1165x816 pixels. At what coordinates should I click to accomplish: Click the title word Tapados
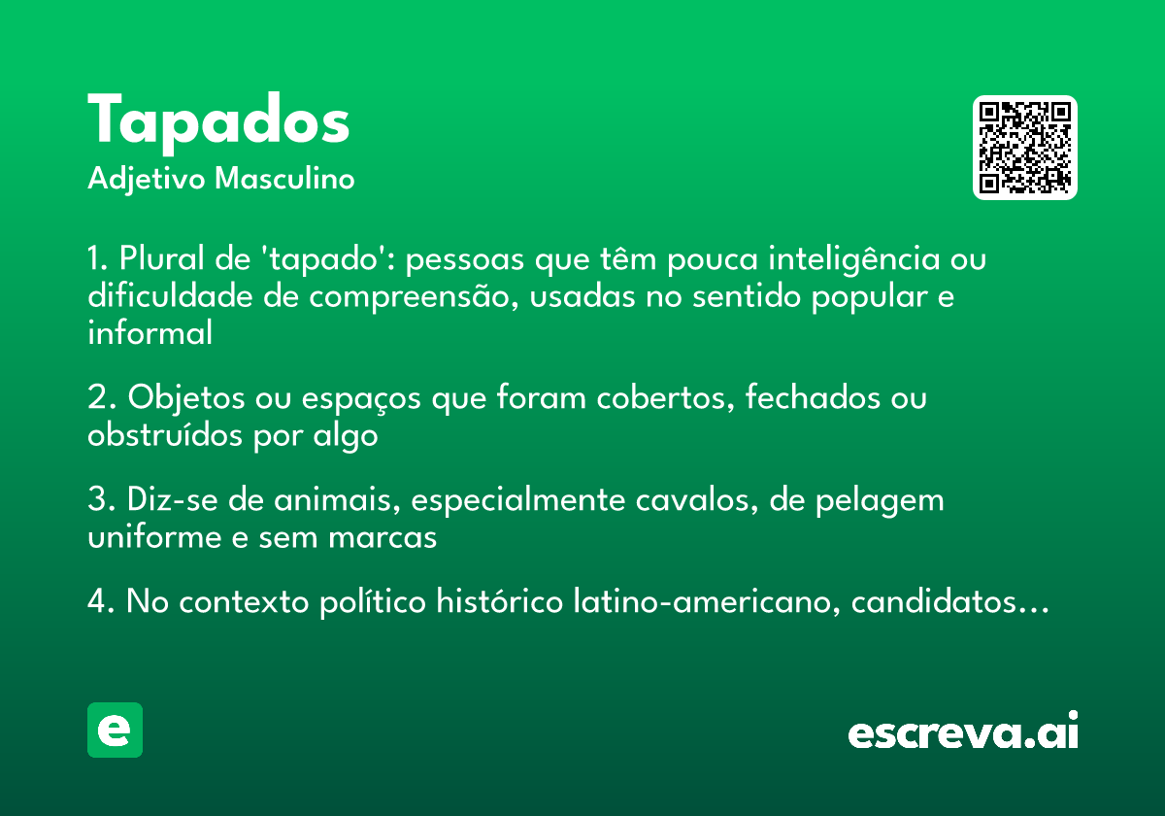click(218, 121)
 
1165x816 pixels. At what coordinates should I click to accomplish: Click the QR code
click(1024, 148)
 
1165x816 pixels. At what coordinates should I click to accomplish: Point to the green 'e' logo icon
click(115, 730)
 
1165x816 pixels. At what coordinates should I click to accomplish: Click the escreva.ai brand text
click(963, 731)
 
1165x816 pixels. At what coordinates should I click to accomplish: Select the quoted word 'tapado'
click(332, 260)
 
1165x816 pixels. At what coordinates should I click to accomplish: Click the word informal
click(150, 333)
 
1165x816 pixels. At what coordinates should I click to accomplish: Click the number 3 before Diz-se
click(97, 500)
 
